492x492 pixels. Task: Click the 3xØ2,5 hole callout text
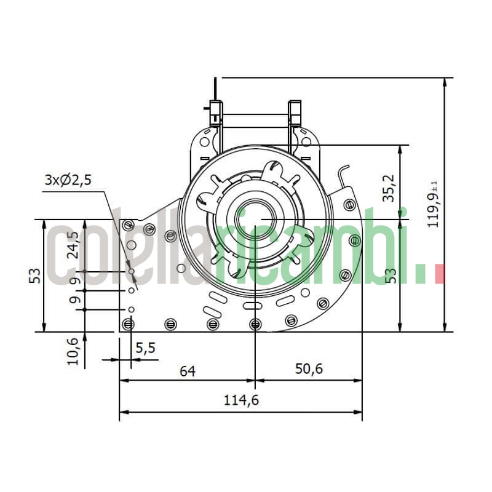click(x=68, y=180)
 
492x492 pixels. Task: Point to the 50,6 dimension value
click(x=309, y=370)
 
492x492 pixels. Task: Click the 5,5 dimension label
click(x=146, y=348)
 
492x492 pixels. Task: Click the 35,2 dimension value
click(x=388, y=188)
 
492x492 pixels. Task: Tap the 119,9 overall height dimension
click(x=434, y=204)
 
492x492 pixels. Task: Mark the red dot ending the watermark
click(x=439, y=274)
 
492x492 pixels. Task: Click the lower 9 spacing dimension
click(x=74, y=300)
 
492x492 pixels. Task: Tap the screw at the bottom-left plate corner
click(x=128, y=324)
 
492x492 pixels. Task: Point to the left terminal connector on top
click(x=215, y=112)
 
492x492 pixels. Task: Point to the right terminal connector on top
click(x=295, y=112)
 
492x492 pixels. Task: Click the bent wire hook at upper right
click(x=343, y=175)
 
